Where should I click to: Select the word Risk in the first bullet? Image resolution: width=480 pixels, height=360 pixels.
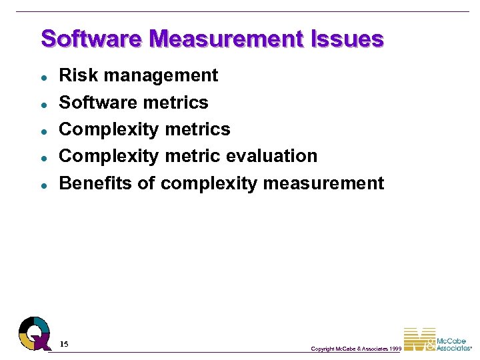(x=75, y=75)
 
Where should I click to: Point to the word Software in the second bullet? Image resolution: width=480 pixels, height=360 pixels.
(x=97, y=103)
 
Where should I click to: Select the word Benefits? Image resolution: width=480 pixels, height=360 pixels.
(x=96, y=183)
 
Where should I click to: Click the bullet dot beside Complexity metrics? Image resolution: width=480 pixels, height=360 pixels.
(x=43, y=131)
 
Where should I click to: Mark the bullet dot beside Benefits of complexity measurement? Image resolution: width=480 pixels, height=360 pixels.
(x=43, y=185)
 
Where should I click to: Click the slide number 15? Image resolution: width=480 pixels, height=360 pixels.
(x=64, y=344)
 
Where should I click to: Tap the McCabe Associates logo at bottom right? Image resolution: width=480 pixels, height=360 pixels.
(x=437, y=339)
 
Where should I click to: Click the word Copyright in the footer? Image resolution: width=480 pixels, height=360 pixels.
(x=323, y=349)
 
